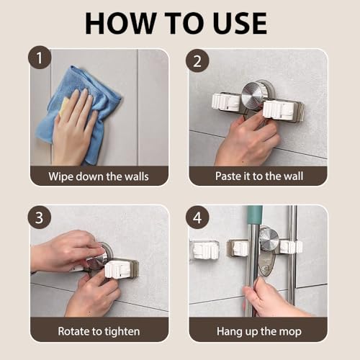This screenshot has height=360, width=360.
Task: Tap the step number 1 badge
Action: pos(40,58)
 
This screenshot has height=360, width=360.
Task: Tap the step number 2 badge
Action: pos(197,60)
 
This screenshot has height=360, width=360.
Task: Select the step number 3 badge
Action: pos(40,217)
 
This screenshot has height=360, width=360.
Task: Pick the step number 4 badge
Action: pos(197,217)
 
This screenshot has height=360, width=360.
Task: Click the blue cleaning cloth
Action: pos(79,113)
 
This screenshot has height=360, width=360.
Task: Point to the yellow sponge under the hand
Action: pos(63,107)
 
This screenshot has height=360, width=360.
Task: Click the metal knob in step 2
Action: pos(254,94)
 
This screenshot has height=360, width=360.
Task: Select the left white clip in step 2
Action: pos(225,102)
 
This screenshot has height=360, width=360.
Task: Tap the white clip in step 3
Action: pos(120,269)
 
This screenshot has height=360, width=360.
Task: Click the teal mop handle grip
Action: pos(255,215)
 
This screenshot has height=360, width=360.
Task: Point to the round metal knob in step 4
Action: pos(269,238)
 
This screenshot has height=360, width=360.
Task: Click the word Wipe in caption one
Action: pos(60,176)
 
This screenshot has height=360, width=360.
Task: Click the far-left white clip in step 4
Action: pos(205,250)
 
